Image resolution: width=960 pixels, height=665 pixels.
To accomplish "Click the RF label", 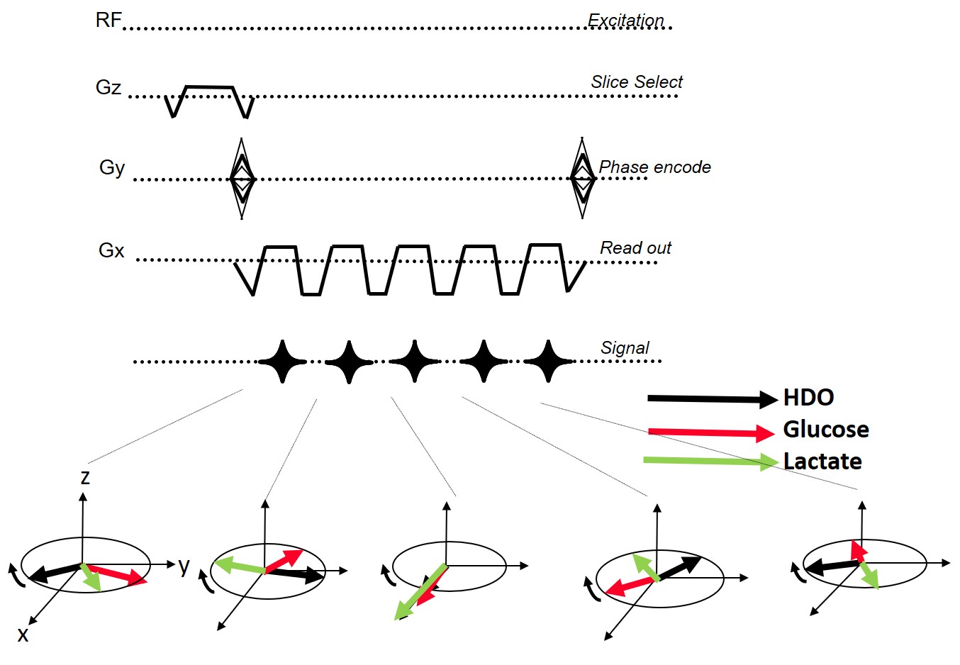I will coord(108,20).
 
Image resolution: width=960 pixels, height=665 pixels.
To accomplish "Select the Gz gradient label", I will coord(108,88).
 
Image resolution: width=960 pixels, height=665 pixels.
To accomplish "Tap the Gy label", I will coord(112,168).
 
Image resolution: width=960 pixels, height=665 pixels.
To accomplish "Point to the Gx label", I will coord(111,250).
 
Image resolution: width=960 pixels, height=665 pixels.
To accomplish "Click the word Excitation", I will coord(626,21).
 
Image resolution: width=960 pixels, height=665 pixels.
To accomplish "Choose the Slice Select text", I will coord(637,82).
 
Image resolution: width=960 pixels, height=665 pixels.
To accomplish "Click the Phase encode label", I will coord(654,167).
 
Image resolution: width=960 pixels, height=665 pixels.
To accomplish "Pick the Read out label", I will coord(635,248).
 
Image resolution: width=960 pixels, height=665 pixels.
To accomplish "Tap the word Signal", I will coord(625,348).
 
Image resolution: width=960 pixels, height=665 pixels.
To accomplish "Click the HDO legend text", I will coord(808,398).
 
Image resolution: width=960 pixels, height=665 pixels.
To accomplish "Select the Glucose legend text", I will coord(825,430).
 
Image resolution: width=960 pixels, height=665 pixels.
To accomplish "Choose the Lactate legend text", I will coord(822,462).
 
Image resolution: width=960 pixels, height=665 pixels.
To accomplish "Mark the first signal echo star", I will coord(282,362).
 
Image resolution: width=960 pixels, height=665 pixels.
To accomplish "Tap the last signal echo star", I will coord(548,362).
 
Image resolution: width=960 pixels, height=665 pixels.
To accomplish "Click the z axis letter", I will coord(85,477).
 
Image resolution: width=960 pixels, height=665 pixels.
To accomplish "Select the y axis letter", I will coord(184,566).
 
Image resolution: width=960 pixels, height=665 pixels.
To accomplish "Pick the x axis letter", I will coord(23,635).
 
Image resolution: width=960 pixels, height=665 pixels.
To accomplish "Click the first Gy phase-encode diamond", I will coord(242,179).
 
